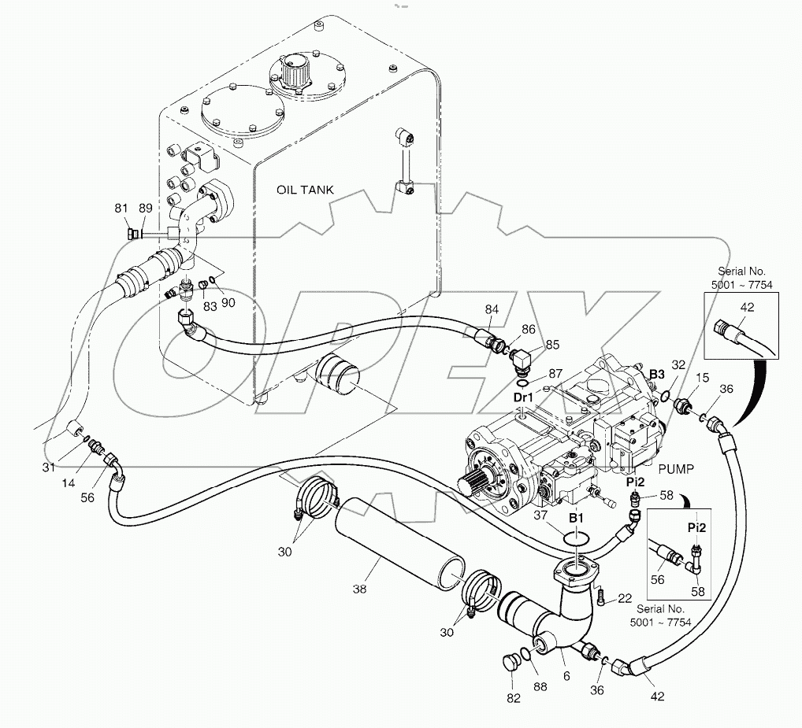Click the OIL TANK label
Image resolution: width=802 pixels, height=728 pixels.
point(305,190)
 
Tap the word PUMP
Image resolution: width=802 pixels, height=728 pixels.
point(675,468)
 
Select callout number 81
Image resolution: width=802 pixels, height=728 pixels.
point(121,209)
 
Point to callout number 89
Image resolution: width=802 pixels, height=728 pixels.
point(146,209)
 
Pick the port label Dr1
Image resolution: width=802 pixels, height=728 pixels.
point(524,397)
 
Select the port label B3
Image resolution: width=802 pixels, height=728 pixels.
point(657,366)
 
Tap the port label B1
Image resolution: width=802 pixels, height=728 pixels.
point(577,518)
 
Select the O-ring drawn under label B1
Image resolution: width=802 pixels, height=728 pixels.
point(578,538)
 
